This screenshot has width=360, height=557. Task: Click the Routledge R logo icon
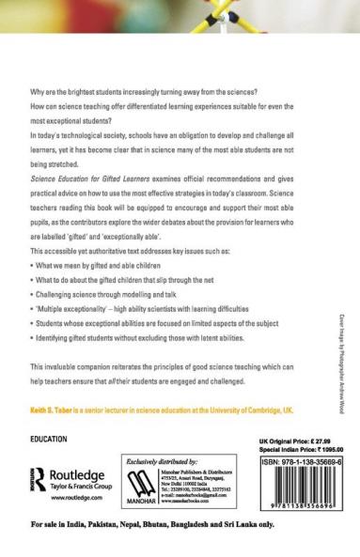(37, 474)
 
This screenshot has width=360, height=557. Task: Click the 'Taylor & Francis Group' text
(78, 487)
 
